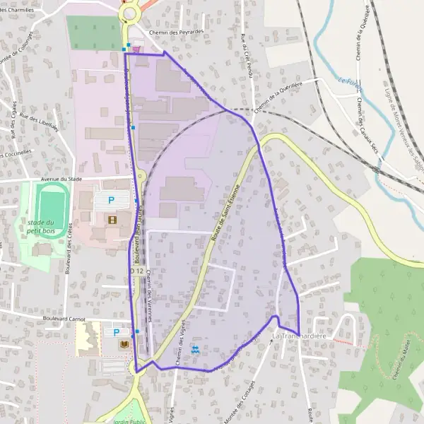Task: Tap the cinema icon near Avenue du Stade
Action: [x=112, y=219]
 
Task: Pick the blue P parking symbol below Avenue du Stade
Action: [x=110, y=201]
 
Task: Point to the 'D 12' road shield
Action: [x=136, y=271]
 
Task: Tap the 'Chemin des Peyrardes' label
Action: [x=177, y=33]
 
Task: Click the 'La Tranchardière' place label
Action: [x=299, y=336]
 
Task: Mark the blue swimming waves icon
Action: [x=196, y=349]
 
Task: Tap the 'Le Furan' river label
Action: [x=348, y=87]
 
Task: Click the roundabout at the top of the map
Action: [x=129, y=13]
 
